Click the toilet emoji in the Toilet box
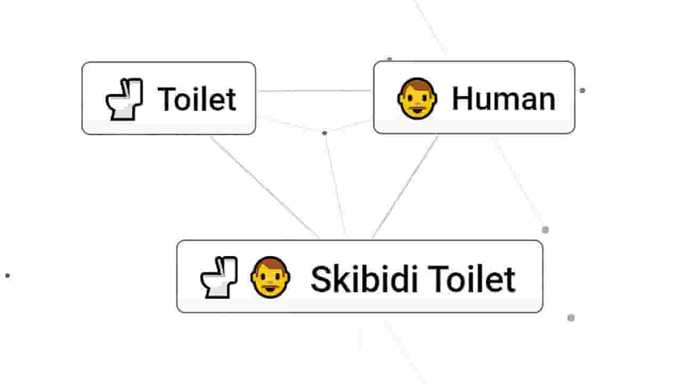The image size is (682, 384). [124, 99]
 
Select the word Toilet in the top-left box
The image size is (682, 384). [197, 99]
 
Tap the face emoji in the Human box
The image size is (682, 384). [417, 98]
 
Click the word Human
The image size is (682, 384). [504, 98]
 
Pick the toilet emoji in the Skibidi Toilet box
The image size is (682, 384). [219, 277]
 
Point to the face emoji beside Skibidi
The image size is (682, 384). [270, 277]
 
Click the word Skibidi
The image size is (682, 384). [364, 278]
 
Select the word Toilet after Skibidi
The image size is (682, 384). [472, 278]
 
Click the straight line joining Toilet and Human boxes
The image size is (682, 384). [315, 91]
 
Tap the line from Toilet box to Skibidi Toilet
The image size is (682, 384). [264, 187]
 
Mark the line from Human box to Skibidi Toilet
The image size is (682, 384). [405, 187]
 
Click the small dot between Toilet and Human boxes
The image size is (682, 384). [324, 133]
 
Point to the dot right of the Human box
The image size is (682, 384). [582, 91]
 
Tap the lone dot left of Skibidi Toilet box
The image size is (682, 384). [7, 276]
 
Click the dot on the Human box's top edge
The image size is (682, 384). [389, 59]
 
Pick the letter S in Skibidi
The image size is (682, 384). [320, 279]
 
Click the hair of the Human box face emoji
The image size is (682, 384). [417, 84]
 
